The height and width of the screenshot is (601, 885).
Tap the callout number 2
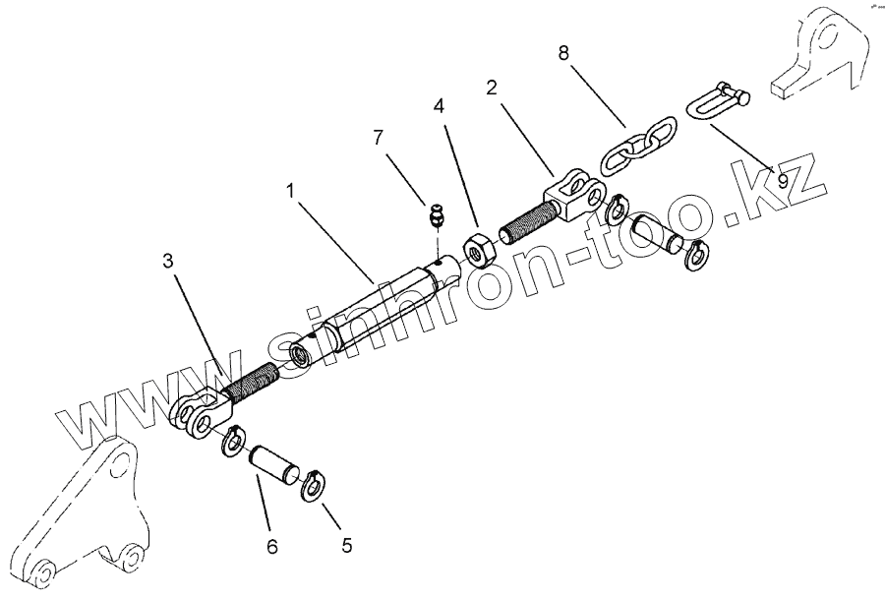492,88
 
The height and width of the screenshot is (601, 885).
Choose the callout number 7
377,138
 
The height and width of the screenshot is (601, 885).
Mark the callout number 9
783,179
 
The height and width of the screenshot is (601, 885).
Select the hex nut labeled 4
479,252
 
